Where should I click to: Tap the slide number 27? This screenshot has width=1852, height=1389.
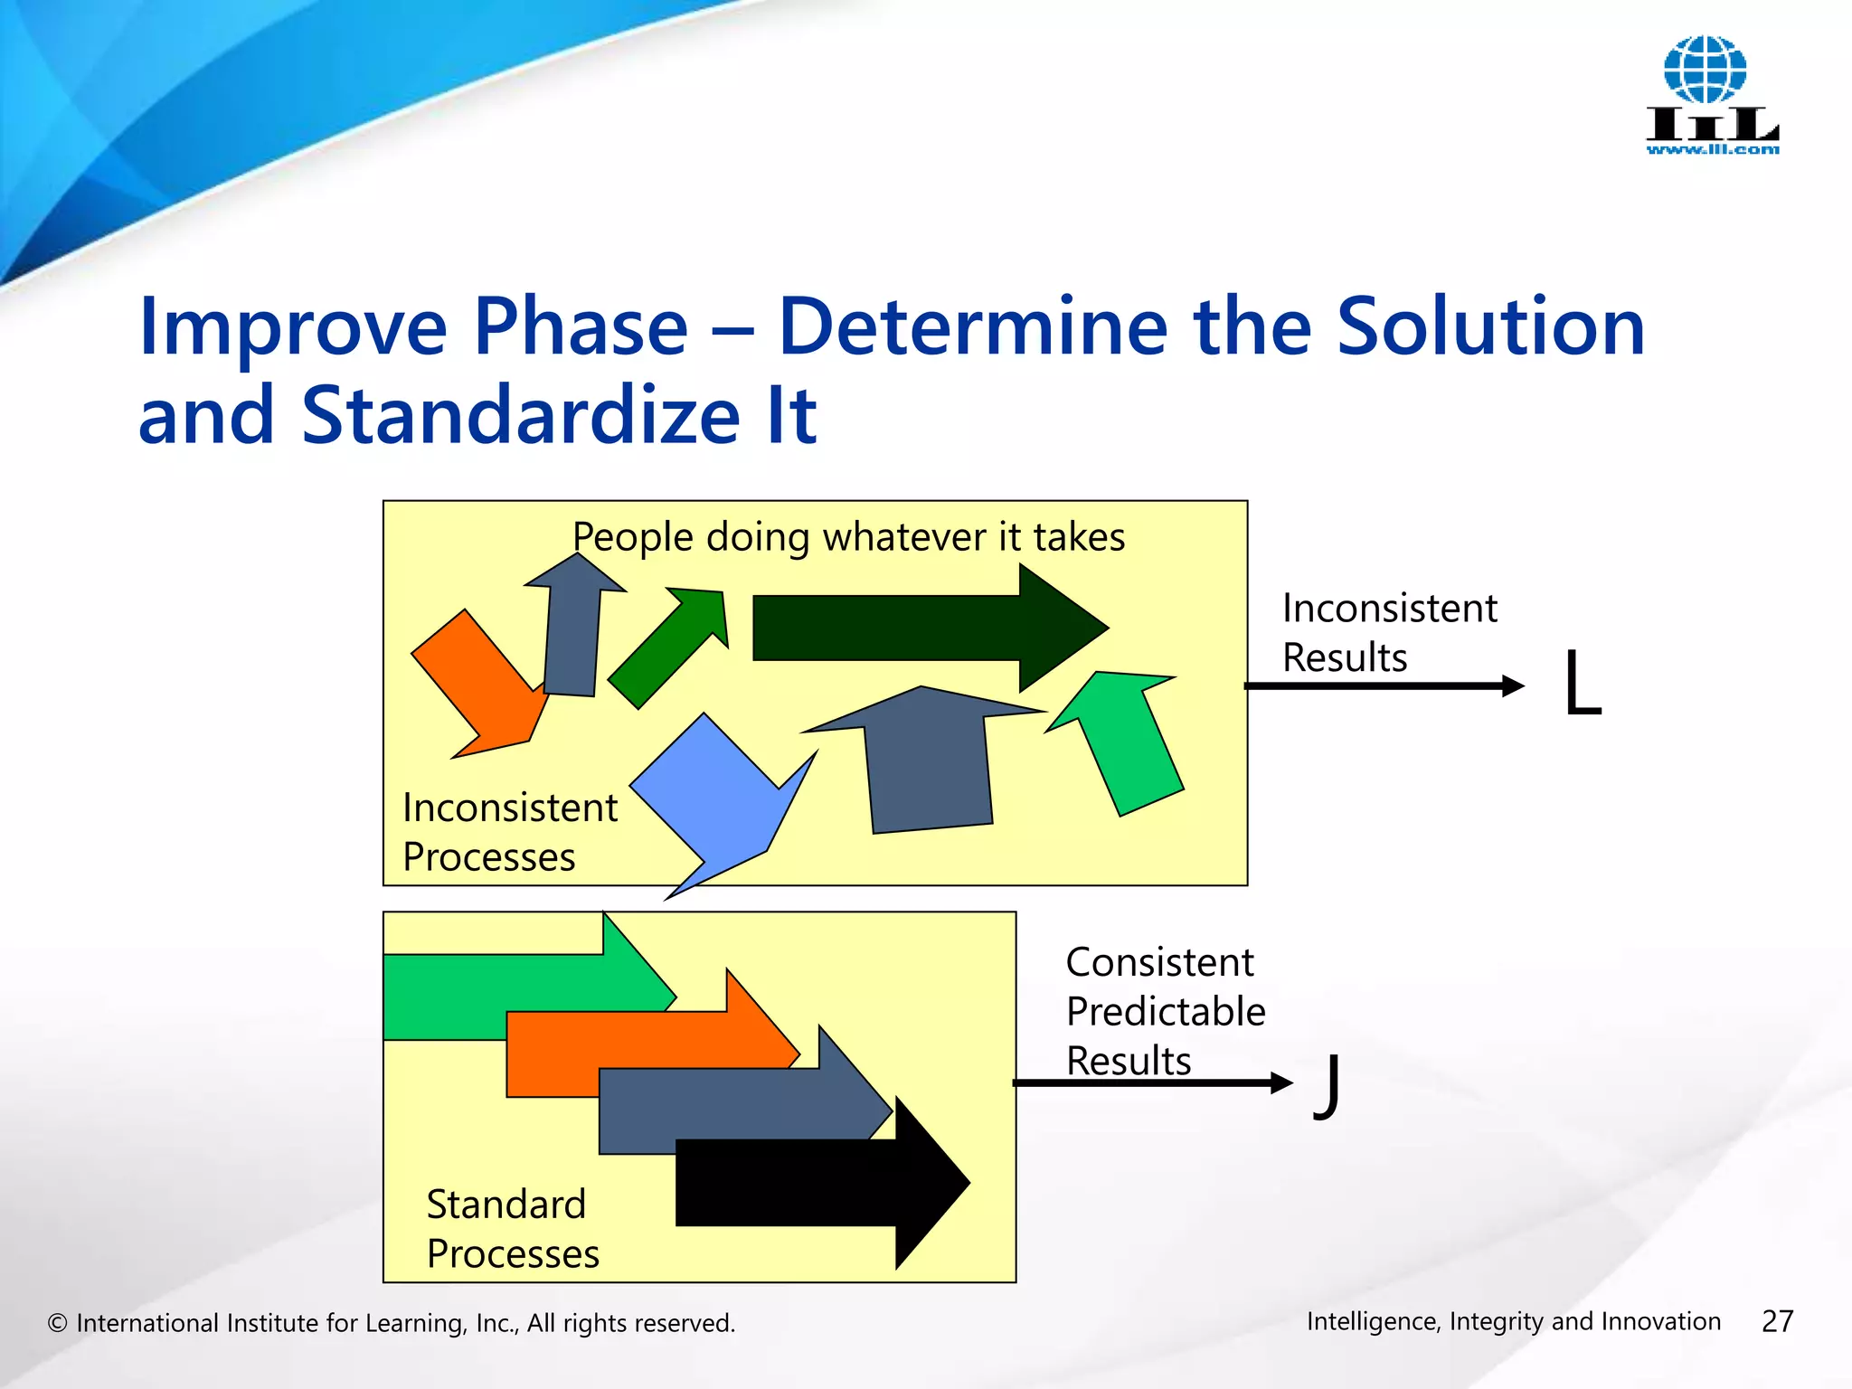click(x=1777, y=1321)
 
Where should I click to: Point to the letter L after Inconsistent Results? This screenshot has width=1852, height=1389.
click(x=1583, y=685)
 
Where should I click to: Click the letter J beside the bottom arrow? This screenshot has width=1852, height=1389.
click(x=1328, y=1085)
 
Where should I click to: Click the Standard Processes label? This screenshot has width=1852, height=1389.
click(x=511, y=1229)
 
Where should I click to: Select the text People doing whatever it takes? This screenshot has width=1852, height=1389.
click(x=848, y=537)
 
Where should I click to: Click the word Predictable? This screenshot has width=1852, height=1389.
click(x=1165, y=1012)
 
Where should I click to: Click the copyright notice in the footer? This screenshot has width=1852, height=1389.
click(x=392, y=1323)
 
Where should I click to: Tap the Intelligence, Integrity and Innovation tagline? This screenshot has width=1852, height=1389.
click(x=1513, y=1321)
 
